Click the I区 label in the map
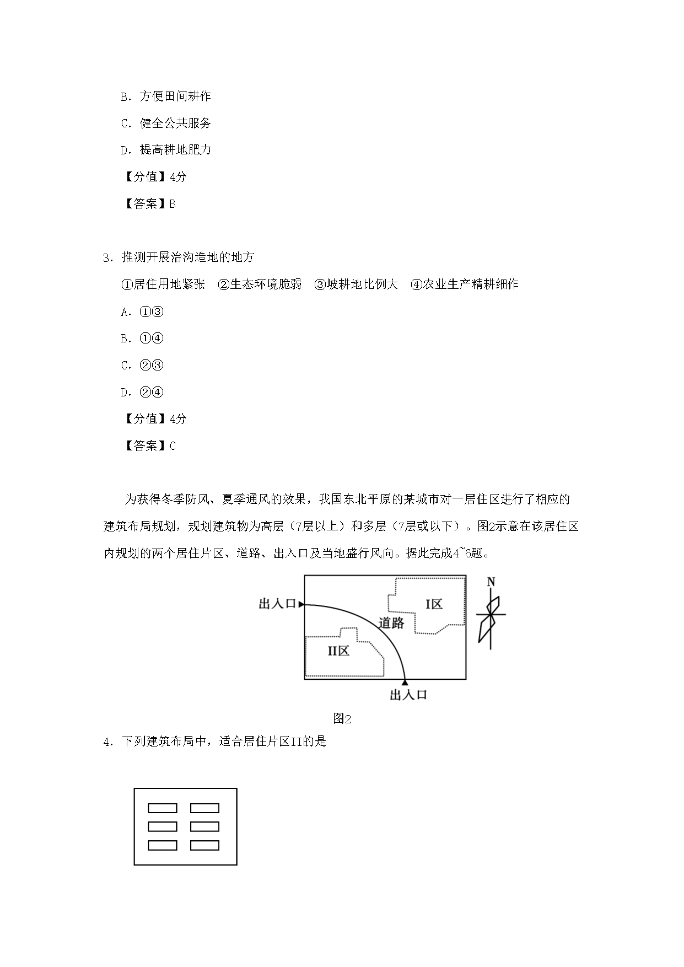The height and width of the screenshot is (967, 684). pyautogui.click(x=434, y=604)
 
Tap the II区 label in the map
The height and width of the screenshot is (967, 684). pyautogui.click(x=338, y=651)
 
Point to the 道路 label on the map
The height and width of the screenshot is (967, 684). pyautogui.click(x=391, y=623)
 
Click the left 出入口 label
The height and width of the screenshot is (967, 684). pyautogui.click(x=277, y=604)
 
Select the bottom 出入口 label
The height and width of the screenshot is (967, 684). pyautogui.click(x=408, y=695)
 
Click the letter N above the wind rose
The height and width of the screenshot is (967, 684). pyautogui.click(x=491, y=582)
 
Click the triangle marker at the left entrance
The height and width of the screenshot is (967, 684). pyautogui.click(x=301, y=604)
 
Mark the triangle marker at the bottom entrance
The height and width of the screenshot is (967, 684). pyautogui.click(x=405, y=683)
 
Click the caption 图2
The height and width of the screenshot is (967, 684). pyautogui.click(x=342, y=719)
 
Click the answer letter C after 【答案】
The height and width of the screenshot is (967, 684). pyautogui.click(x=173, y=446)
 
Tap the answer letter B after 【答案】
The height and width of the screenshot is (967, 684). pyautogui.click(x=173, y=204)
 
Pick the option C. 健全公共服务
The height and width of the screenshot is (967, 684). pyautogui.click(x=166, y=123)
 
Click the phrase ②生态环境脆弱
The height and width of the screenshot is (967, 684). pyautogui.click(x=260, y=284)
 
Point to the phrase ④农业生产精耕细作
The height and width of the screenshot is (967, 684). pyautogui.click(x=465, y=284)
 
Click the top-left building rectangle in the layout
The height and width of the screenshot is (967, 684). pyautogui.click(x=163, y=808)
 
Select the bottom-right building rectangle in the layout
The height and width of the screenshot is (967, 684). pyautogui.click(x=204, y=845)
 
